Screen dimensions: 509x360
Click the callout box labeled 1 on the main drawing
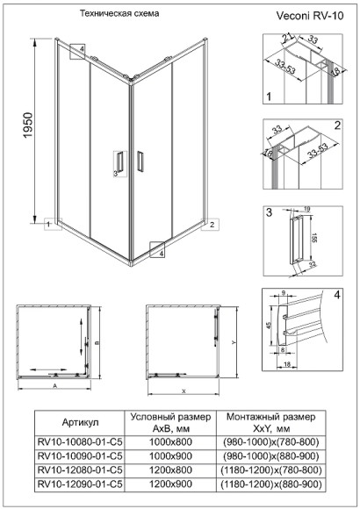[45, 224]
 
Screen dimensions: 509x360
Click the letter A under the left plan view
[54, 384]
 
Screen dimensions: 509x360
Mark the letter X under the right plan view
[184, 389]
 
